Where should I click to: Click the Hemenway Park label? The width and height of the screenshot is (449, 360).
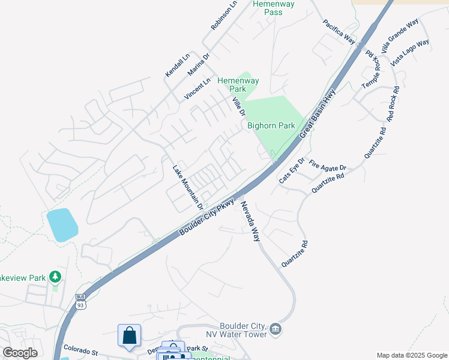(x=238, y=85)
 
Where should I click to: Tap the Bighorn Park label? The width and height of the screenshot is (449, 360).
(x=271, y=125)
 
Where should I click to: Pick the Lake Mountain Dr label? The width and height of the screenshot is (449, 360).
(x=188, y=187)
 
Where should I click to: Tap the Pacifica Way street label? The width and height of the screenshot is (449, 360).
(x=339, y=32)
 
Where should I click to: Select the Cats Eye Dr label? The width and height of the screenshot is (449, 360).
(x=292, y=171)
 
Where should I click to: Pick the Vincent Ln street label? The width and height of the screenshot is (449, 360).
(x=197, y=88)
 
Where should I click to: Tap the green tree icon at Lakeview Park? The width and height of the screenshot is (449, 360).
(x=55, y=277)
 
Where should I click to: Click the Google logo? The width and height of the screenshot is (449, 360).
(x=20, y=353)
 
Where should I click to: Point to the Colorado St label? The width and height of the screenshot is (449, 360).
(x=80, y=351)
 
